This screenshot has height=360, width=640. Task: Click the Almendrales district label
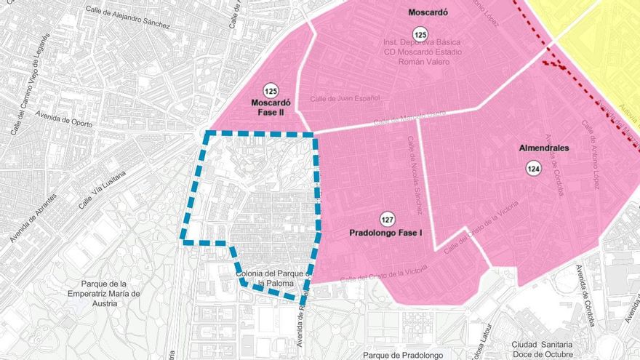coord(543,148)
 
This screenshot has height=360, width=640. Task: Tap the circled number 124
coord(534,169)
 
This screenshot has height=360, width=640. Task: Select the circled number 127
coord(387,219)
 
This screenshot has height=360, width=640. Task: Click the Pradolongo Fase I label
coord(391,234)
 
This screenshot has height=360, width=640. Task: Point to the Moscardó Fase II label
coord(271,108)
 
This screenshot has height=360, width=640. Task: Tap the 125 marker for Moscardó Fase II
coord(271,91)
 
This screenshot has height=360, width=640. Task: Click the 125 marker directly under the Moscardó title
coord(420,33)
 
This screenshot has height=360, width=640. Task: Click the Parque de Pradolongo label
coord(403,355)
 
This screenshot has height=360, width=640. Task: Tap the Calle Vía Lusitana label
coord(102,191)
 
